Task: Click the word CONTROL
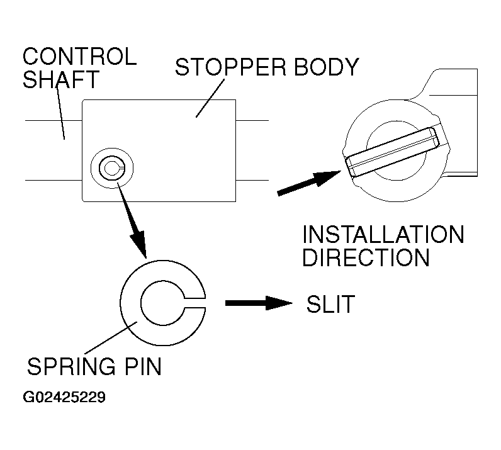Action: (x=79, y=57)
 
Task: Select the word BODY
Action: (x=327, y=67)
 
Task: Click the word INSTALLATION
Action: (x=383, y=235)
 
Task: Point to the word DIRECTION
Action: (x=366, y=258)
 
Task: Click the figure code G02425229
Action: (x=64, y=398)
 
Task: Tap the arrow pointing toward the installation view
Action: (x=308, y=183)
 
